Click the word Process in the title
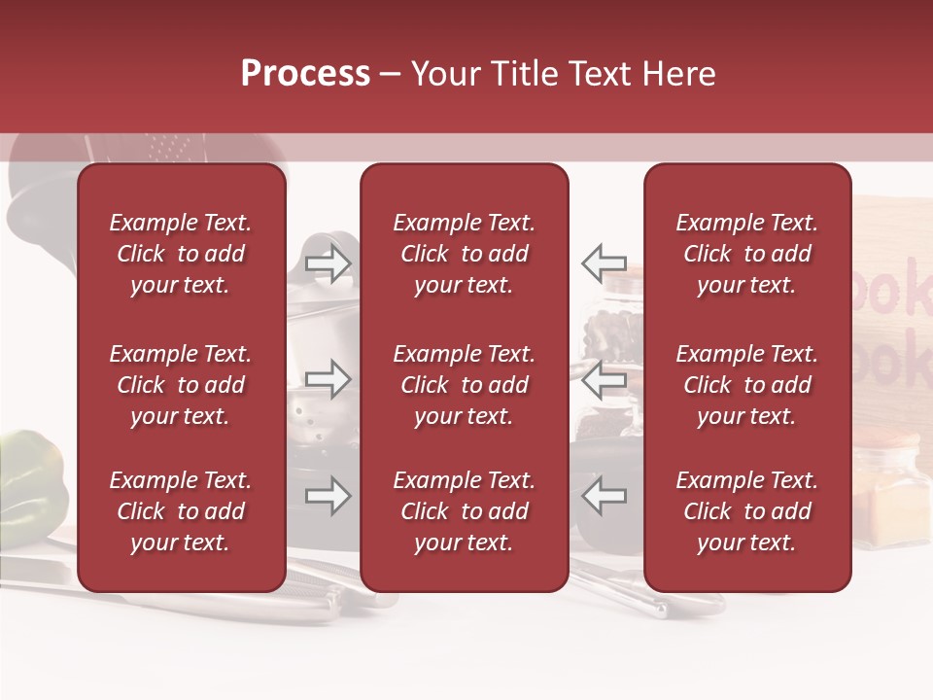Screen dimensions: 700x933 [x=305, y=74]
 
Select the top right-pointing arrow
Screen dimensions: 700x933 [x=328, y=262]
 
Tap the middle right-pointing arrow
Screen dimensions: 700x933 [x=328, y=379]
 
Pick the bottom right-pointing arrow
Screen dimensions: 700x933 [x=328, y=497]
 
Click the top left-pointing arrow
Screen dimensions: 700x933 [x=605, y=262]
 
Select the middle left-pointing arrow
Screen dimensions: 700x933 [x=605, y=379]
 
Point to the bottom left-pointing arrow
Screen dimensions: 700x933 [x=605, y=497]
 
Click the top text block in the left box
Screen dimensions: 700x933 [x=181, y=254]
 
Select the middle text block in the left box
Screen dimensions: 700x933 [x=181, y=385]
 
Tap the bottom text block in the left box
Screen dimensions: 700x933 [x=181, y=511]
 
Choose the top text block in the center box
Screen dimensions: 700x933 [x=464, y=254]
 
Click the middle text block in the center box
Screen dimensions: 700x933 [x=464, y=385]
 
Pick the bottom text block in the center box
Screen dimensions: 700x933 [x=464, y=511]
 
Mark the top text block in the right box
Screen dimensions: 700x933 [x=746, y=254]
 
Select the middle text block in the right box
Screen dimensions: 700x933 [x=746, y=385]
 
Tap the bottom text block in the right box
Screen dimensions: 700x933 [x=746, y=511]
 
